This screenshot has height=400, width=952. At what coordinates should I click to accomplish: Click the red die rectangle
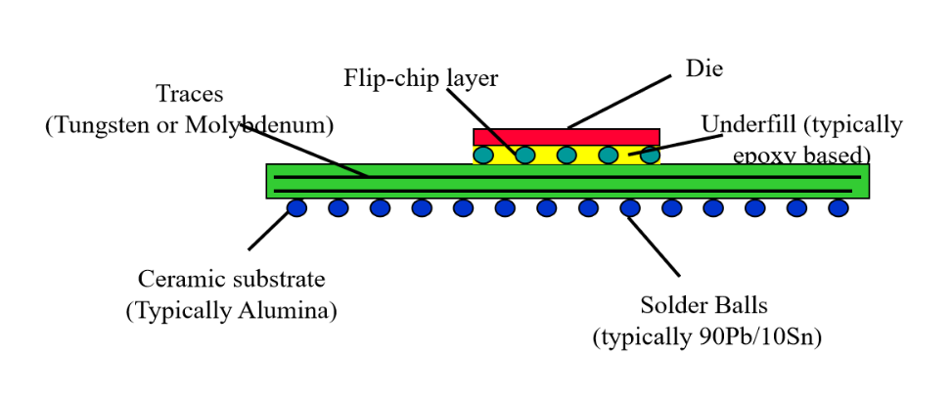(566, 137)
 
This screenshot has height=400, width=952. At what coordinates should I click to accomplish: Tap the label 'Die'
(703, 68)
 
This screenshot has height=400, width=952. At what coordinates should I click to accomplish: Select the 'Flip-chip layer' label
(421, 78)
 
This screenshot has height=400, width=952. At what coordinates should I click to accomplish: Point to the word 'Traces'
(189, 95)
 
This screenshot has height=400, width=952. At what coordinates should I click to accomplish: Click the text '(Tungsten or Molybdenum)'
(189, 125)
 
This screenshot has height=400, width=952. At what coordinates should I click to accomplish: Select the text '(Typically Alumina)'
(231, 311)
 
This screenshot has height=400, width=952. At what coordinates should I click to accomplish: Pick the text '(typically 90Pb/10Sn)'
(706, 336)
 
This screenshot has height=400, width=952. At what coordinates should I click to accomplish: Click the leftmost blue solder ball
(296, 207)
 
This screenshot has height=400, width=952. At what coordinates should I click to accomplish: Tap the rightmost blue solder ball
(839, 207)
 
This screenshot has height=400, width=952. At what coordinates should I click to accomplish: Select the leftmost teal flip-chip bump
(483, 155)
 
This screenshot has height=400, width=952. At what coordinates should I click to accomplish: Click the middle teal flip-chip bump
(567, 155)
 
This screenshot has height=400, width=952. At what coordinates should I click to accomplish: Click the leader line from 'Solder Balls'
(654, 245)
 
